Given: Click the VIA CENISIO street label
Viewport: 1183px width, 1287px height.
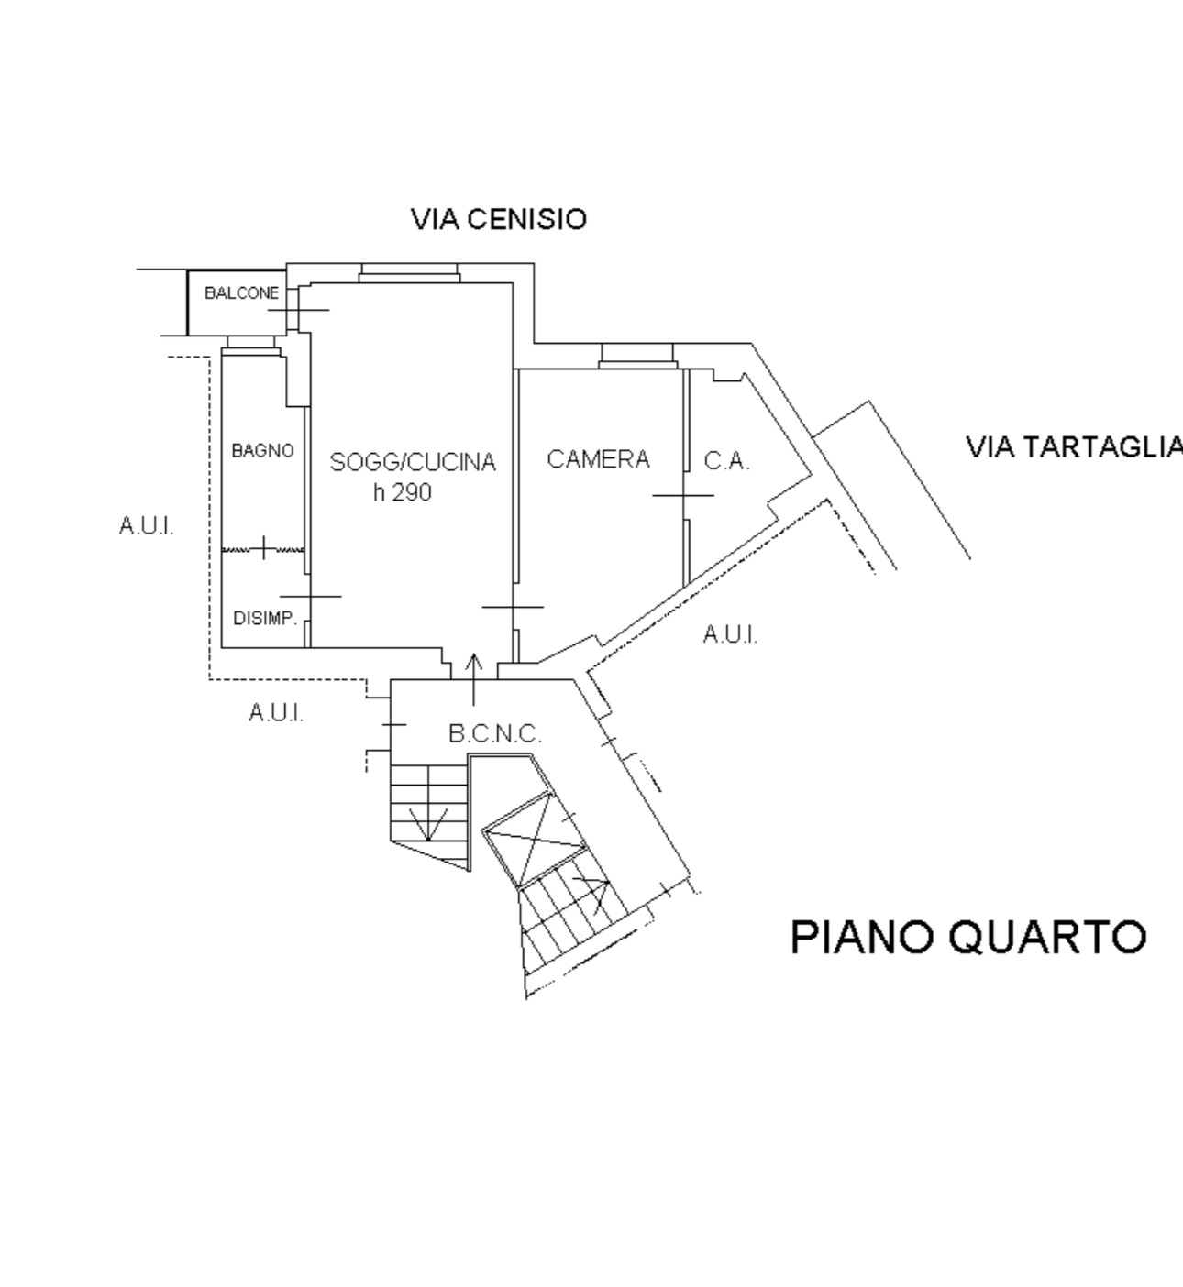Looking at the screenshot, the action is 499,219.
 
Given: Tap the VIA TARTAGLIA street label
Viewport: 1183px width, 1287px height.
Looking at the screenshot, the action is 1075,447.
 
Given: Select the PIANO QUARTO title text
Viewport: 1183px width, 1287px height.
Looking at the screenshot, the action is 968,938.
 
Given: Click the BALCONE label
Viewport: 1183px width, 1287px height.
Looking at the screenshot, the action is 242,292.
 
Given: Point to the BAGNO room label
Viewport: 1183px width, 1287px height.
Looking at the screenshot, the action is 262,450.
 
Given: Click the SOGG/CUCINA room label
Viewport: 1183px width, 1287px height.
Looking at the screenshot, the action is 413,462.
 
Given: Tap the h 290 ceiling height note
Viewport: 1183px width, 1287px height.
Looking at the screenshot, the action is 403,492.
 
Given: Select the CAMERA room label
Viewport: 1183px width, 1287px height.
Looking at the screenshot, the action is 598,458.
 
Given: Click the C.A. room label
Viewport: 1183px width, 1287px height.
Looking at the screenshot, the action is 726,461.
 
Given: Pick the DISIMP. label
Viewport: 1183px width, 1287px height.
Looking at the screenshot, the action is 265,619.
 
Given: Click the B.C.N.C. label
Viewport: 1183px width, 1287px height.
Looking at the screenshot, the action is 495,733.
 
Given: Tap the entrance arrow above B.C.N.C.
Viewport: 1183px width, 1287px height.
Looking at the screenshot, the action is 474,679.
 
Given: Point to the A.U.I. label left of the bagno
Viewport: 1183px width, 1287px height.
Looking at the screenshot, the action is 147,526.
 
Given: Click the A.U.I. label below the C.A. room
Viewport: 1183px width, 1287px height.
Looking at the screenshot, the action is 731,634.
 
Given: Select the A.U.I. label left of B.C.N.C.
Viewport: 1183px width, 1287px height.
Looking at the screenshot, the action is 276,712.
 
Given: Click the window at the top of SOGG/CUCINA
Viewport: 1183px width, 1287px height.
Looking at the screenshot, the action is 410,272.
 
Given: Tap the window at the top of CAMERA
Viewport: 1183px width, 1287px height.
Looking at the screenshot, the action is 637,356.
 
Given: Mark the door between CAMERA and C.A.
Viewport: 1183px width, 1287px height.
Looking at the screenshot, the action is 684,495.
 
